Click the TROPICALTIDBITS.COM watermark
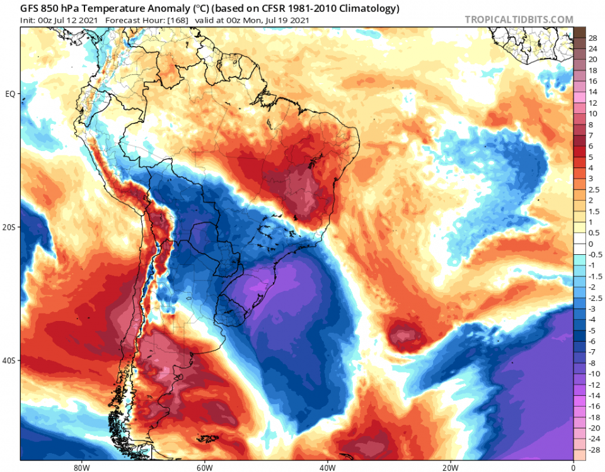(x=519, y=20)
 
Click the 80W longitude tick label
(x=79, y=467)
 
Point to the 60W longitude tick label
(x=203, y=467)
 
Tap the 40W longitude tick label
(x=326, y=467)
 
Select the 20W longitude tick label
(x=449, y=467)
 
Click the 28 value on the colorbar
(x=592, y=38)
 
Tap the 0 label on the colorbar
(x=591, y=244)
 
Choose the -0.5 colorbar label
(x=594, y=255)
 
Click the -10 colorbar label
(x=594, y=374)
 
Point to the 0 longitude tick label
(x=573, y=467)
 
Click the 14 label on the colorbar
(x=592, y=92)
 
